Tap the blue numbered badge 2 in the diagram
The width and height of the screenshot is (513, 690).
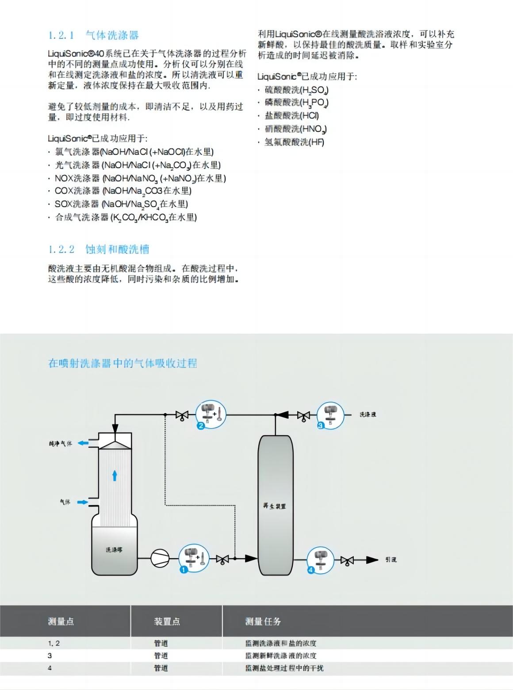[200, 426]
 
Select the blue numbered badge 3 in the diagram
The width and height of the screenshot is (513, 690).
[321, 425]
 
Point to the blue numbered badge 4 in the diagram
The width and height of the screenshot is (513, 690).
[310, 570]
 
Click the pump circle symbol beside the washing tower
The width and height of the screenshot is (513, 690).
[160, 558]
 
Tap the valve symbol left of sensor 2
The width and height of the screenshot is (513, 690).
[182, 415]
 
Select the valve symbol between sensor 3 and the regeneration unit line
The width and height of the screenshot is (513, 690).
[303, 416]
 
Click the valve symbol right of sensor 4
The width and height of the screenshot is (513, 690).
[347, 560]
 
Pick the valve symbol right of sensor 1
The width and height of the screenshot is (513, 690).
[222, 560]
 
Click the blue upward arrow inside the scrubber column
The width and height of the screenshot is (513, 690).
[115, 475]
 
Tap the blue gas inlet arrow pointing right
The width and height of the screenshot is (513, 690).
[82, 502]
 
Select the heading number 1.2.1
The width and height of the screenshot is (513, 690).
[61, 35]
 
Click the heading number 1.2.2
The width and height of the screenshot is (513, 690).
[61, 249]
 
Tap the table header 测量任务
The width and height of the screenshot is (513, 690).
[263, 621]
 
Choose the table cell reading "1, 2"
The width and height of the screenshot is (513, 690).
[54, 644]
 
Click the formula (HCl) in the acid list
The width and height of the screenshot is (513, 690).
[309, 116]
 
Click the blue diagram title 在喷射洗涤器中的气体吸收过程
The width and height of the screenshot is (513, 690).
[123, 364]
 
